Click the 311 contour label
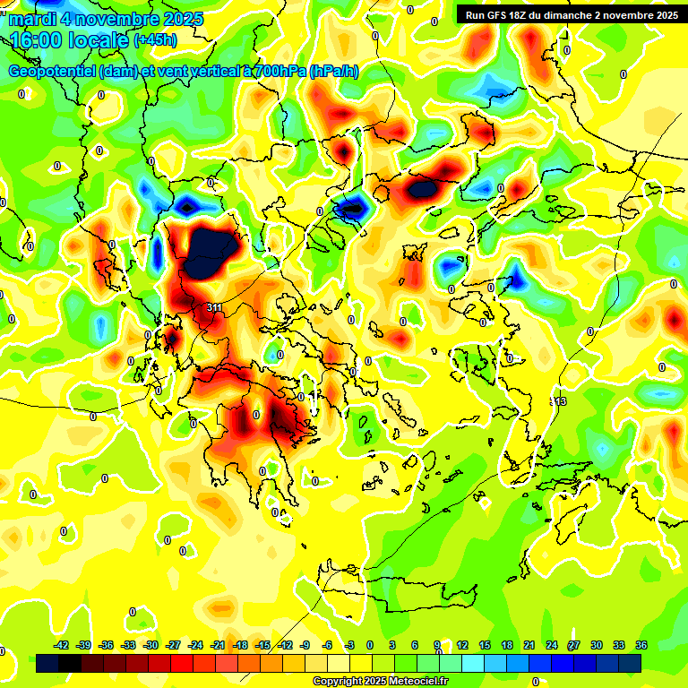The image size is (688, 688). tap(214, 307)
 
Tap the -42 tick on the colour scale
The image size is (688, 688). tap(62, 645)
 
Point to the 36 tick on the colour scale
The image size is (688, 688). tap(641, 645)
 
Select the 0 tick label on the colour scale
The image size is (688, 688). tap(369, 645)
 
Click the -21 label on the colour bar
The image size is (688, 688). tap(218, 645)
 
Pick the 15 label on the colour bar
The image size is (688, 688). tap(485, 645)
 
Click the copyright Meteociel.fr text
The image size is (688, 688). tap(380, 681)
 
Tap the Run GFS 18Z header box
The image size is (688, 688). tap(568, 15)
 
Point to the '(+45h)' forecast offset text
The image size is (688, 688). tap(154, 40)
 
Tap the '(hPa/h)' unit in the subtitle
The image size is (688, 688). tap(334, 72)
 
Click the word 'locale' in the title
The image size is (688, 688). tap(103, 40)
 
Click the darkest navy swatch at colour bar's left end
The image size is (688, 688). tap(49, 664)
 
